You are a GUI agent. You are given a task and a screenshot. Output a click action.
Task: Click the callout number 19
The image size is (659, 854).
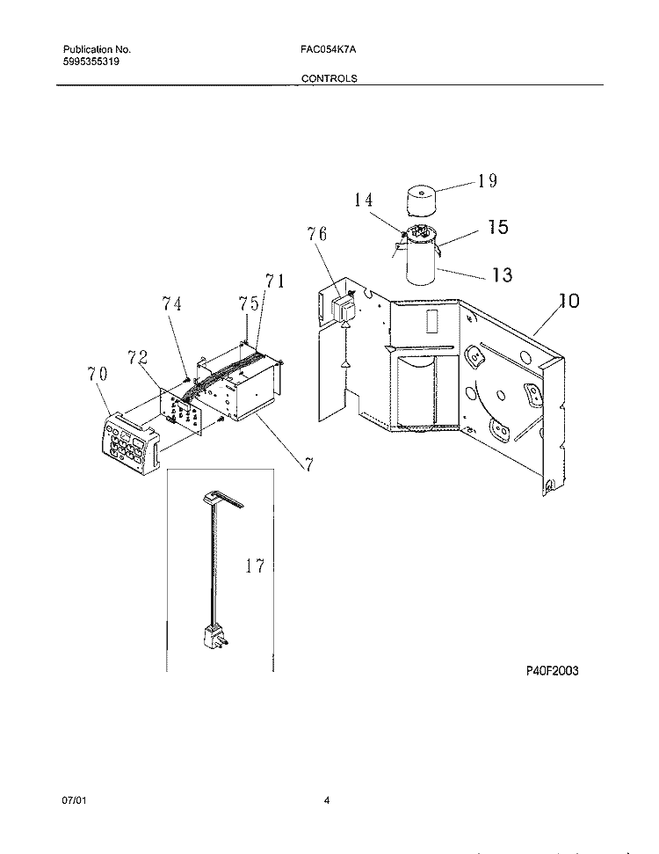coord(488,180)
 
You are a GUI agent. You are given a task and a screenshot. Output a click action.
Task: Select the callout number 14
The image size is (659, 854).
coord(364,200)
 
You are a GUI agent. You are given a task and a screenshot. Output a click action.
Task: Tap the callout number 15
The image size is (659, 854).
coord(498,227)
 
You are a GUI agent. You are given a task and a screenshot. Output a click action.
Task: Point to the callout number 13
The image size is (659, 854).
coord(502,274)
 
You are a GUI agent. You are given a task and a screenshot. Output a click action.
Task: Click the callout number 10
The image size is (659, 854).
coord(568,300)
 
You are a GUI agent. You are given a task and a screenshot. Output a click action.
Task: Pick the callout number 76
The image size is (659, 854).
coord(316,234)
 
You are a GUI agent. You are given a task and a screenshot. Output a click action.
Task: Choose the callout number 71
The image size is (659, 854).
coord(275,281)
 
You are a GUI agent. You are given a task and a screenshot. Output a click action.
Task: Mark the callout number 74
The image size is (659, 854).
coord(171,303)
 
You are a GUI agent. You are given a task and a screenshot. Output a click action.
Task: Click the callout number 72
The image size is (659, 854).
coord(138,357)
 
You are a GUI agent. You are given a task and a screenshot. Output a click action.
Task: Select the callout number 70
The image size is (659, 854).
coord(98,374)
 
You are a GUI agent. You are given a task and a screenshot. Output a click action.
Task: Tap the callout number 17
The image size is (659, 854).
coord(254,566)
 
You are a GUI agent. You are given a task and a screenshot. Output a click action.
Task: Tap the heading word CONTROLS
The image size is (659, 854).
coord(329,78)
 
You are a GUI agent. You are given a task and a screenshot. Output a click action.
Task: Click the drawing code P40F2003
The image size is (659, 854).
coord(552,670)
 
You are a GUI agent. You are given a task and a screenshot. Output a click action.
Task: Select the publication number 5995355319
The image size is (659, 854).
coord(91,61)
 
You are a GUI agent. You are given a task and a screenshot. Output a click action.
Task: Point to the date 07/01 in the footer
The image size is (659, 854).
coord(74,800)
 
